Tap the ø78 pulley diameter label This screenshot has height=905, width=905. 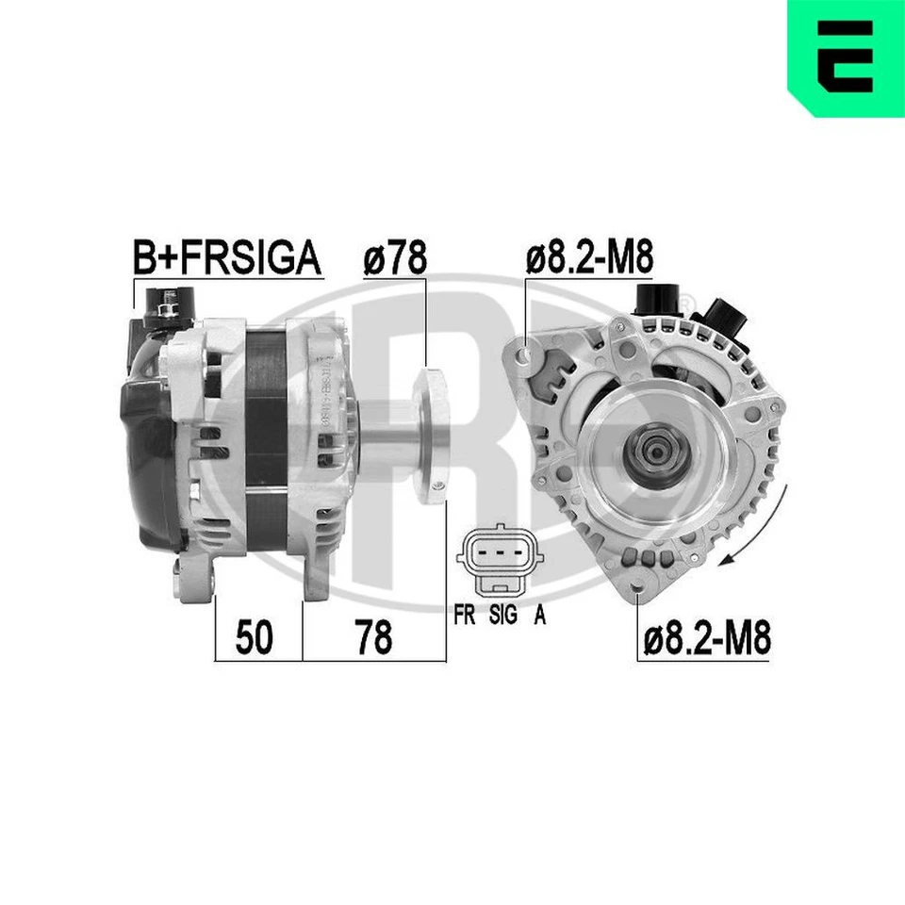394,257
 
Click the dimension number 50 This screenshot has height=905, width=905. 254,638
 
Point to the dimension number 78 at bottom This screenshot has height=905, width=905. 373,638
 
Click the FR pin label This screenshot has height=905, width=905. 464,617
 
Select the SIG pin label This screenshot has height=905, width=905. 502,617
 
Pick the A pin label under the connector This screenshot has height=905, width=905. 539,617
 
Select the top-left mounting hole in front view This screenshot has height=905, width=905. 524,354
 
